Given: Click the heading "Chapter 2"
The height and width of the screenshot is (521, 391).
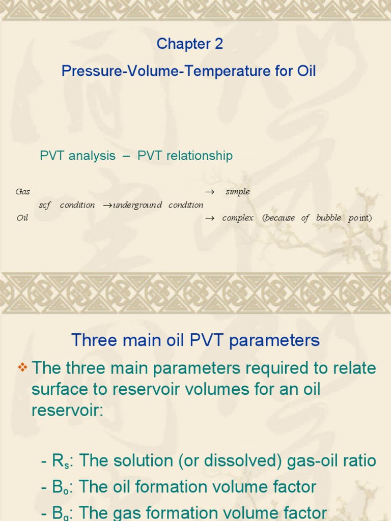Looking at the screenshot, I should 189,44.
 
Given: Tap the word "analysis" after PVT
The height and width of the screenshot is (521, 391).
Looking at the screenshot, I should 92,156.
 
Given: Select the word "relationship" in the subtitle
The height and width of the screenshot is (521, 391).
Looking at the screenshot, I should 201,156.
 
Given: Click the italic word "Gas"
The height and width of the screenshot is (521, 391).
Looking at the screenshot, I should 23,192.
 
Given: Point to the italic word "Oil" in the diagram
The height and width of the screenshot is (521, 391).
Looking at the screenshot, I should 22,218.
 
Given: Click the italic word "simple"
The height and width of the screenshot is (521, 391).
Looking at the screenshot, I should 238,192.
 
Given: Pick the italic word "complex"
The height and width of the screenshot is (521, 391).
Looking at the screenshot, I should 238,218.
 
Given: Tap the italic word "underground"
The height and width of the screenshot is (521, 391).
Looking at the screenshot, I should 137,205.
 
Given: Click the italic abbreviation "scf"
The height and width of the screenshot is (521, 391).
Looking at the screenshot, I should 45,205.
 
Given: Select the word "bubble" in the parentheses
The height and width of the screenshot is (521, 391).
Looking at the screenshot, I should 328,218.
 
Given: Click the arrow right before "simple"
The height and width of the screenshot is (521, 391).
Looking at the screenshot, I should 209,192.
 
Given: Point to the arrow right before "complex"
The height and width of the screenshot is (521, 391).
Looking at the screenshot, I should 209,218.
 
